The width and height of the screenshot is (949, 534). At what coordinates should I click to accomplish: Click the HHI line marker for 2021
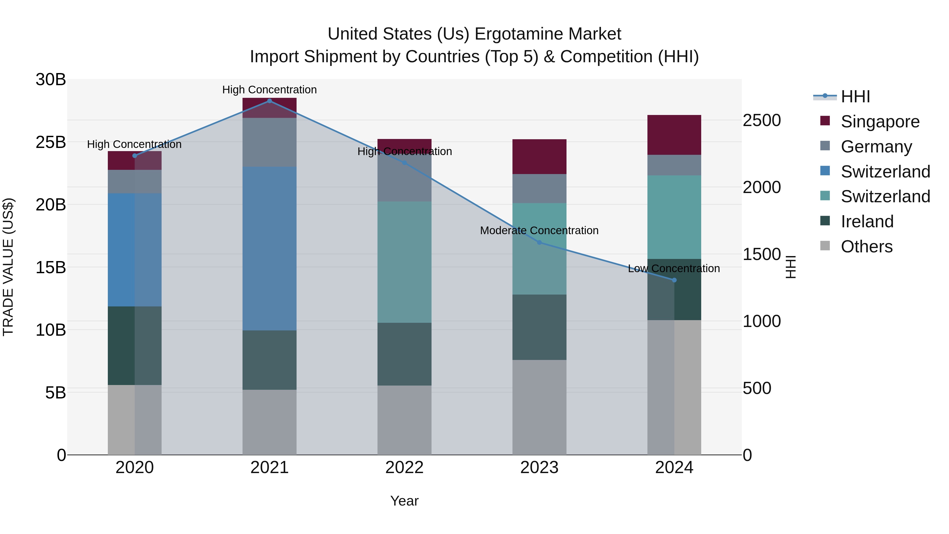point(269,101)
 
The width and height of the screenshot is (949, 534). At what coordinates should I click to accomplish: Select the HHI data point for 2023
point(539,243)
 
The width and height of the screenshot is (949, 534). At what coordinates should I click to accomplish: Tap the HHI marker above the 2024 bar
point(674,280)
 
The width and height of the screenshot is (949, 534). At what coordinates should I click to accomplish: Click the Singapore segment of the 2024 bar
point(674,135)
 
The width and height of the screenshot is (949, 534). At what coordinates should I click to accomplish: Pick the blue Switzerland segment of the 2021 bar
point(269,248)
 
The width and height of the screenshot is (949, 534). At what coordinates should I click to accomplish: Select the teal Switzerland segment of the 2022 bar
point(404,262)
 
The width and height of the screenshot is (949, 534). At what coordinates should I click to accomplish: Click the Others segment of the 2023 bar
point(539,407)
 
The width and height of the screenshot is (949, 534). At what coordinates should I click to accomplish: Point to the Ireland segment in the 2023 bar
point(539,327)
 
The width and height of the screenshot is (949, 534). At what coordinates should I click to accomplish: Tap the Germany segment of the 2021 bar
point(269,142)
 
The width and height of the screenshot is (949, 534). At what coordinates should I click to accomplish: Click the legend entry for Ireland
point(867,222)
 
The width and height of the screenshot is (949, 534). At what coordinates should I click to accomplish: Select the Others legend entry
point(866,247)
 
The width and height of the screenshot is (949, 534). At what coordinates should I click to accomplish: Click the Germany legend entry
point(876,147)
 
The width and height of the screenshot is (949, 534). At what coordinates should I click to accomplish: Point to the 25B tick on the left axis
point(51,142)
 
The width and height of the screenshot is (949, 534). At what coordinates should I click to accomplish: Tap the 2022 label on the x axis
point(404,468)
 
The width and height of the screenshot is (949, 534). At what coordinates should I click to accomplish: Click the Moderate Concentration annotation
point(539,231)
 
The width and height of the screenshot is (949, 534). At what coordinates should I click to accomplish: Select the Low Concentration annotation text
point(674,269)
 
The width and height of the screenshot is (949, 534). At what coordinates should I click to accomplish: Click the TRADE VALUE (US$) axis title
point(8,267)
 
